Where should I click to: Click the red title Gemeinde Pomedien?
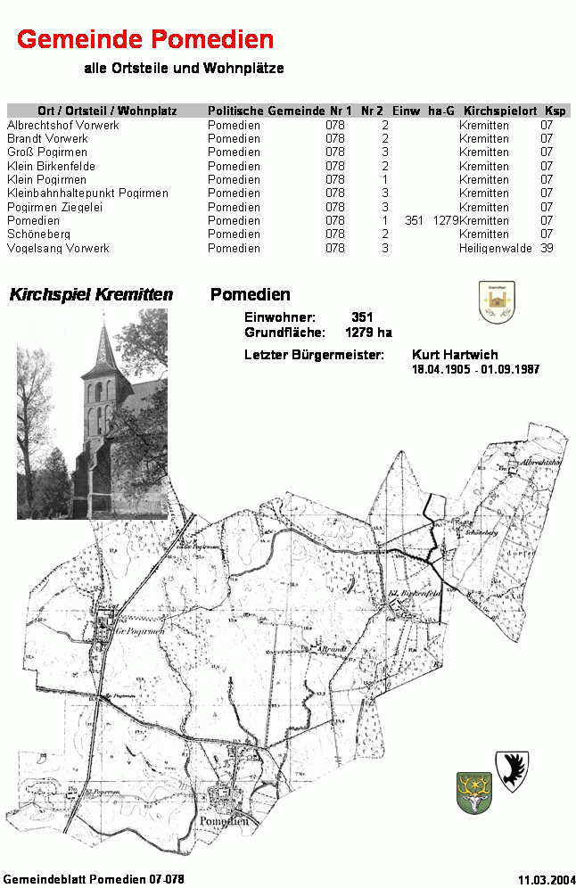pos(145,39)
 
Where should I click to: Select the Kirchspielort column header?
pos(500,111)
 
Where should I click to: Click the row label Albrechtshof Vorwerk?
pos(63,126)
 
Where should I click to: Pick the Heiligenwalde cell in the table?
pos(496,248)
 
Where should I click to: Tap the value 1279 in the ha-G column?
pos(446,220)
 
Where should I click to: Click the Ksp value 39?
pos(547,248)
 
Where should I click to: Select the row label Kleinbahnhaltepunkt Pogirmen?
pos(87,193)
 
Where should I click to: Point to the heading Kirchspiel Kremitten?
pos(91,295)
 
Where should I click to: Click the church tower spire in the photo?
pos(104,343)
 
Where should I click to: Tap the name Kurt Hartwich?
pos(455,355)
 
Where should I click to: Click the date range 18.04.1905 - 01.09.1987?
pos(475,369)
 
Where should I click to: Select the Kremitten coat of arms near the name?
pos(497,302)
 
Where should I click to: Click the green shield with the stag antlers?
pos(474,793)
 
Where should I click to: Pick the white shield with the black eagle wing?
pos(513,769)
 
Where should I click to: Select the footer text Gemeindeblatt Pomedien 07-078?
pos(94,879)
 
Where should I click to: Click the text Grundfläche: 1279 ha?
pos(317,333)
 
